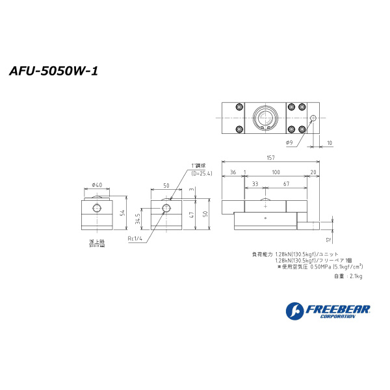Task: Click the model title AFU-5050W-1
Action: click(53, 71)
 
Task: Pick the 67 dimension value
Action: click(285, 185)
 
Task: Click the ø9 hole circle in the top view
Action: click(313, 118)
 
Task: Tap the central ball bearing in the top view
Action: click(265, 118)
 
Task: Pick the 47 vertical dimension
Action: click(192, 214)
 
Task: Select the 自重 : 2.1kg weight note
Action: click(348, 276)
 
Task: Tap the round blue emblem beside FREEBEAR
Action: click(294, 311)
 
